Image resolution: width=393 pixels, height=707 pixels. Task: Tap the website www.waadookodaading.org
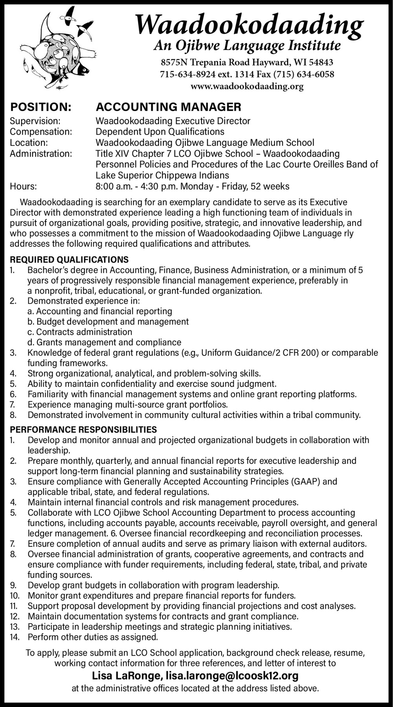[x=247, y=86]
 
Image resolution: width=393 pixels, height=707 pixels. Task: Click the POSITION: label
[x=40, y=107]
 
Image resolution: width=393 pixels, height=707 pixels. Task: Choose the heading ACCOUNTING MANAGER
[x=169, y=107]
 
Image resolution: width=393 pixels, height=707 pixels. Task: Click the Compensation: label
[x=41, y=132]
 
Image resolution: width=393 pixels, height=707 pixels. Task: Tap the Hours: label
[x=23, y=186]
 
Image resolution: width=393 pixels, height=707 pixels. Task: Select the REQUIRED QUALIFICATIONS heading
[x=69, y=260]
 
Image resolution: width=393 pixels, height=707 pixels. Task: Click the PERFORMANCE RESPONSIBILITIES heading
[x=83, y=430]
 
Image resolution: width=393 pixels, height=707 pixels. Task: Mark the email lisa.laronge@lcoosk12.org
[x=232, y=676]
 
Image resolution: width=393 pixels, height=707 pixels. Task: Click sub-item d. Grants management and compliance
[x=104, y=343]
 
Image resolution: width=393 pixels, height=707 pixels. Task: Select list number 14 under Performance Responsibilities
[x=15, y=637]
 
